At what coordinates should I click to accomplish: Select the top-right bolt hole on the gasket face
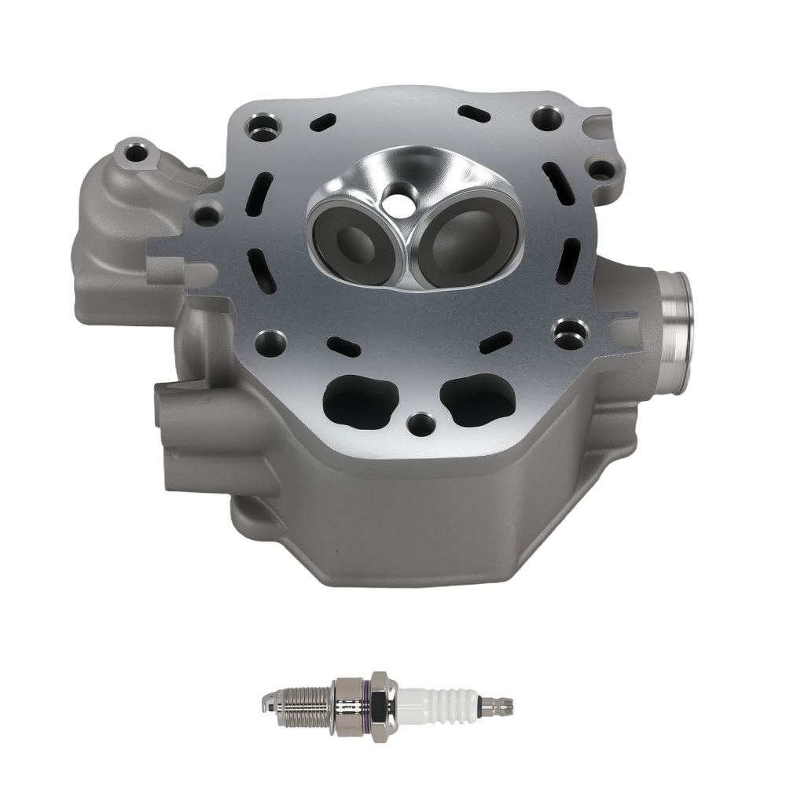click(546, 119)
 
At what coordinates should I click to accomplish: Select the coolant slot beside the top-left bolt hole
click(322, 123)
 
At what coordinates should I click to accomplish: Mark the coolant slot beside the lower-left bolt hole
click(343, 347)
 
